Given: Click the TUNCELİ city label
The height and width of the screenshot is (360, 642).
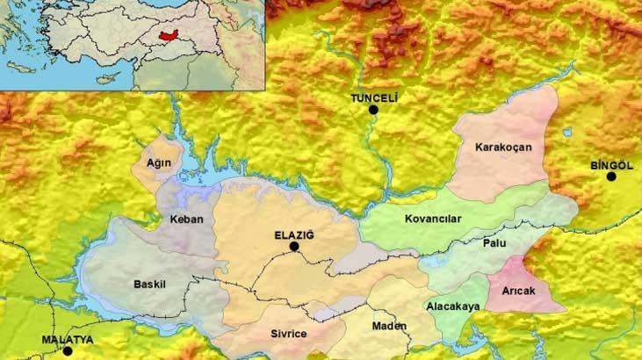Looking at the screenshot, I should tap(374, 98).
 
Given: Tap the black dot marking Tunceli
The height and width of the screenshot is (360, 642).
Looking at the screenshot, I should tap(374, 111).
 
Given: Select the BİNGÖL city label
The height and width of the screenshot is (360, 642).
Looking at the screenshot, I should tap(611, 165).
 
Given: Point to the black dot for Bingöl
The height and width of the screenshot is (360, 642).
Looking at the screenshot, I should tap(611, 176).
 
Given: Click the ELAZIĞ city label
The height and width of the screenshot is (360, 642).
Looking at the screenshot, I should tap(294, 234).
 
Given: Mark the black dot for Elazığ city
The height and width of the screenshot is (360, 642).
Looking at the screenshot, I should tap(295, 247).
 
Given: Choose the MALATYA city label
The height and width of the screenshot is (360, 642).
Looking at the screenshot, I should tap(67, 339).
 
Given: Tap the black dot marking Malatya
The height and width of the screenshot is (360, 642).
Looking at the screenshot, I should tap(68, 351).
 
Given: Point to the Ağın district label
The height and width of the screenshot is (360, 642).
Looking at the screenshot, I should tap(158, 164).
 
